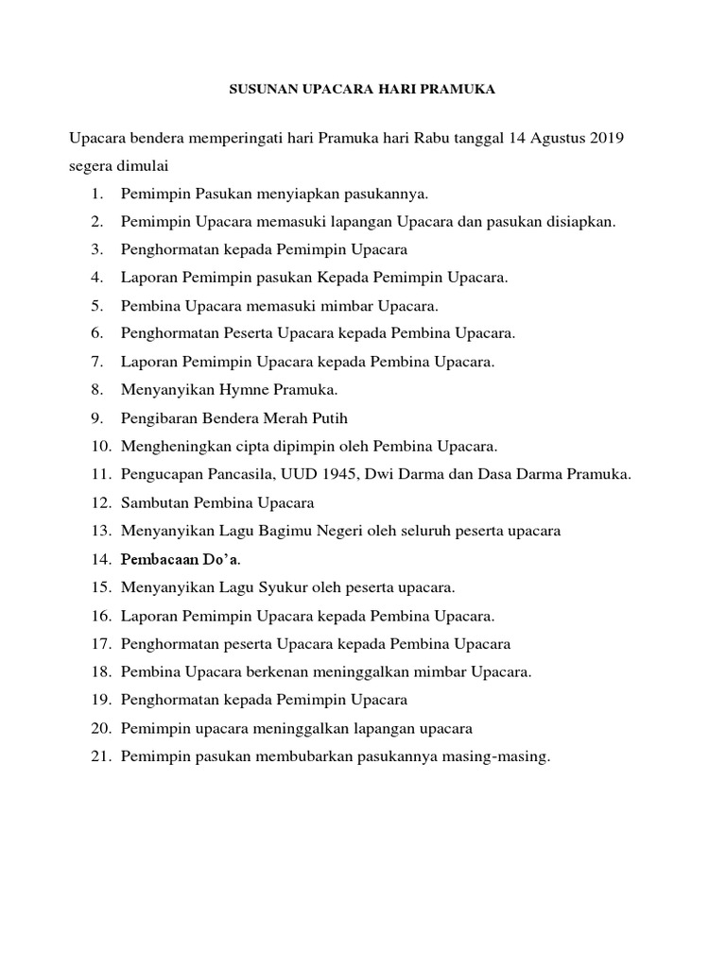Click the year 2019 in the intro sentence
point(605,139)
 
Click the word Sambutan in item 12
point(151,501)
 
